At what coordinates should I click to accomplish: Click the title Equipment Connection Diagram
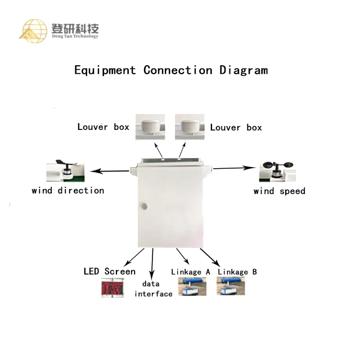[171, 70]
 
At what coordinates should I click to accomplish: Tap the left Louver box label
[103, 127]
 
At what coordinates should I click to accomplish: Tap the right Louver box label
[236, 128]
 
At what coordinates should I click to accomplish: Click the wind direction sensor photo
[65, 172]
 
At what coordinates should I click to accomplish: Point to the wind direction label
[67, 191]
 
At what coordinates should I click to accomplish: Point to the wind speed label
[279, 191]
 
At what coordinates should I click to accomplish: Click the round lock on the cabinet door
[143, 205]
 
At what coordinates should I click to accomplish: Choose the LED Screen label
[109, 272]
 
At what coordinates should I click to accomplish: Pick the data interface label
[153, 289]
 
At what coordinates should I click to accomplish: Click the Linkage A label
[190, 272]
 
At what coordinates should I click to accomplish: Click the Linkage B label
[237, 272]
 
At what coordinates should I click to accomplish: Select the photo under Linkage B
[231, 287]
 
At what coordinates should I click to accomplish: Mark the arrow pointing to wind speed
[234, 167]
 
